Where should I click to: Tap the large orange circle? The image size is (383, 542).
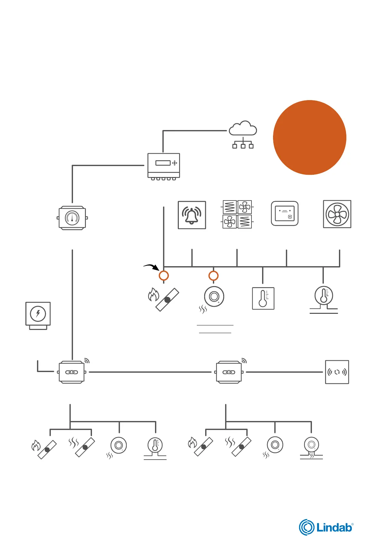tap(309, 137)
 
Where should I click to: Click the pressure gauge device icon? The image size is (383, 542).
tap(72, 218)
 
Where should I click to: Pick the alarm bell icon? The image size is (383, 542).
tap(192, 215)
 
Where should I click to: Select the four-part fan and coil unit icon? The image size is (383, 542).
tap(237, 214)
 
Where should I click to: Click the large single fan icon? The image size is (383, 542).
tap(337, 214)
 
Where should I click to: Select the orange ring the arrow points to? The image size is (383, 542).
tap(164, 276)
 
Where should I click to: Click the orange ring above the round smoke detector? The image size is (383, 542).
tap(214, 276)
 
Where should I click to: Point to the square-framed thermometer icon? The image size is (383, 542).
tap(263, 298)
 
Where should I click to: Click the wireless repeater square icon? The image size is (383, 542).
tap(337, 372)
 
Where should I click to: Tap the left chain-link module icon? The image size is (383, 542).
tap(72, 372)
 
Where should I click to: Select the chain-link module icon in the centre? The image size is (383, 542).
tap(229, 372)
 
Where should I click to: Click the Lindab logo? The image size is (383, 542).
tap(326, 527)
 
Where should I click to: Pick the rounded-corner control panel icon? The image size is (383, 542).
tap(285, 214)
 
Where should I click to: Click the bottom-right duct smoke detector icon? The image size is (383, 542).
tap(311, 447)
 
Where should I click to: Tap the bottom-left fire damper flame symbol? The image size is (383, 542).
tap(36, 446)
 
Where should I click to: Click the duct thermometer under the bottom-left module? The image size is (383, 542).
tap(155, 448)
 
